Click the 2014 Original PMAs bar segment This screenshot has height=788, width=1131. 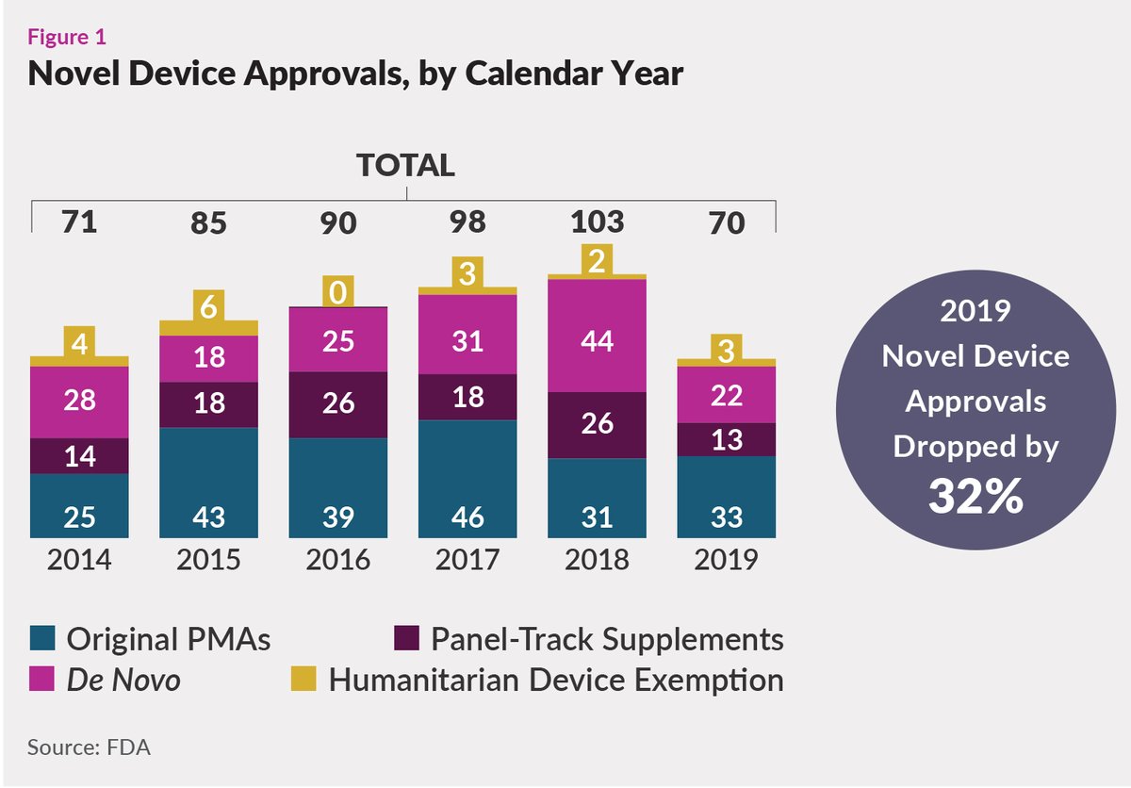coord(79,504)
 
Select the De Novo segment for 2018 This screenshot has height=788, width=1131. coord(597,336)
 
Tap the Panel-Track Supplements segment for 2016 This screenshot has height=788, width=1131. coord(337,404)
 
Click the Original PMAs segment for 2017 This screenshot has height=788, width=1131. coord(467,478)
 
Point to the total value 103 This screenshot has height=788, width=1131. coord(598,222)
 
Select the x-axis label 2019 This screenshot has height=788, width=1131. coord(726,560)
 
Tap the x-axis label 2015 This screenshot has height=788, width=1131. coord(208,560)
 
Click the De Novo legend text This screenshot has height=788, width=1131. coord(123,680)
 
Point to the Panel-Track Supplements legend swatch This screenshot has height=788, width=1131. coord(406,639)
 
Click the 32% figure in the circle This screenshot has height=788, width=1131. coord(975,496)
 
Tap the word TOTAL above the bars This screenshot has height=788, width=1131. coord(405,166)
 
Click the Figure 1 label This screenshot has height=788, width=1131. coord(67,38)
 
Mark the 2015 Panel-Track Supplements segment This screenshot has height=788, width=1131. coord(208,404)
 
